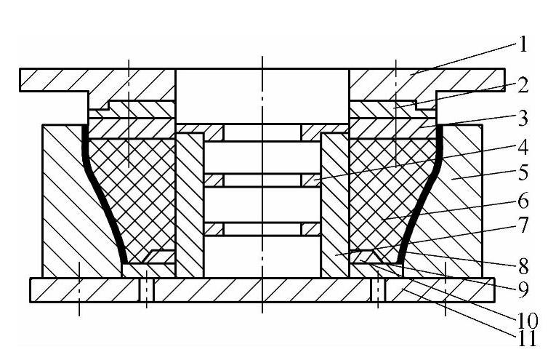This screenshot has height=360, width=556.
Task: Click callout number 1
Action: (522, 45)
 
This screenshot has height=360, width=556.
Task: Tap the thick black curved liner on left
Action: (102, 196)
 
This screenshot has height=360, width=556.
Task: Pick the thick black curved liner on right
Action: (420, 196)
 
